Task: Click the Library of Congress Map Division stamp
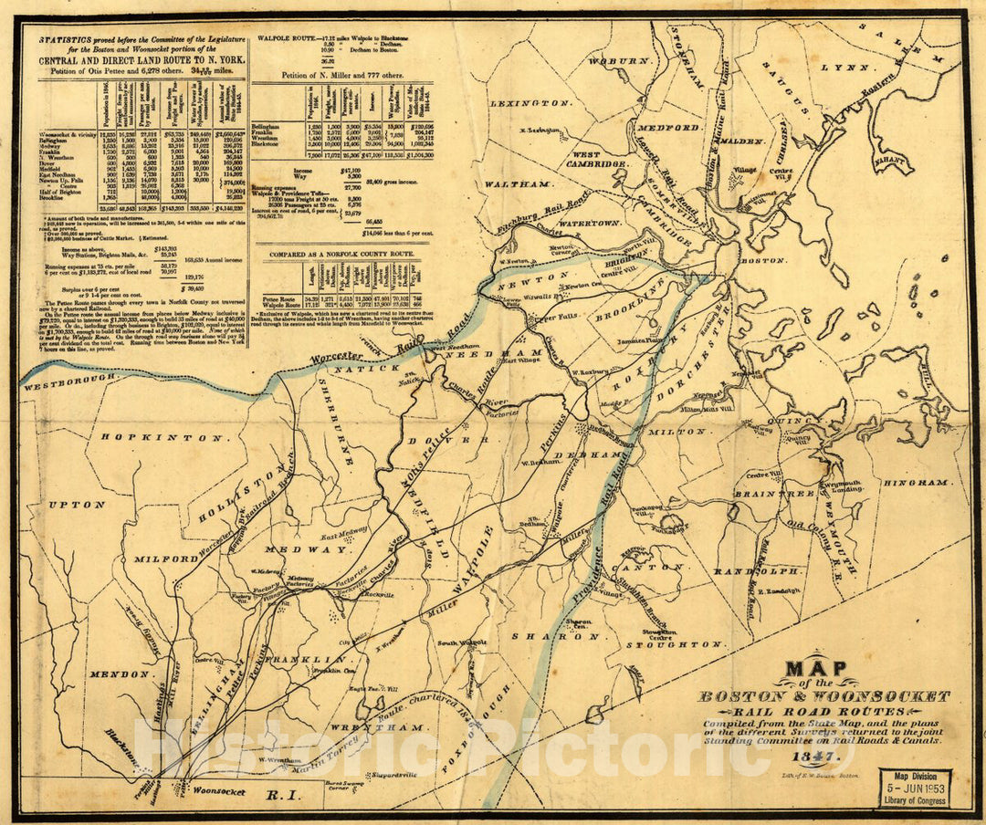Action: point(915,788)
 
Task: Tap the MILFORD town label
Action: point(166,558)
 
